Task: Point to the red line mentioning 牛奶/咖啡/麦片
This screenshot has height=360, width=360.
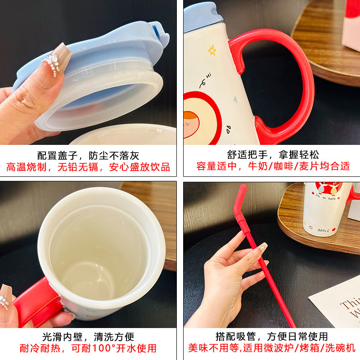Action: (x=273, y=166)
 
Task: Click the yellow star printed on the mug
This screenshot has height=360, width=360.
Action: (x=212, y=50)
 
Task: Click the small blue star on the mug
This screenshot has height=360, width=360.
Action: (x=235, y=99)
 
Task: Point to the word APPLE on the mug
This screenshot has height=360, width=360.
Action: (x=323, y=230)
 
